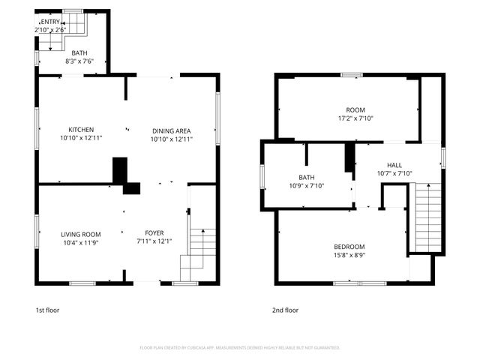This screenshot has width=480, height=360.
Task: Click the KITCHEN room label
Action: click(x=81, y=130)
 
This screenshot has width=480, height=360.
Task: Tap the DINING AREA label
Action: click(x=172, y=130)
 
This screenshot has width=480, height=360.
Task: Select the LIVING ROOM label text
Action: click(x=80, y=234)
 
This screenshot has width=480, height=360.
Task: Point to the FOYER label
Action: click(x=154, y=232)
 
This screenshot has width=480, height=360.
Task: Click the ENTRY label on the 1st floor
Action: click(x=50, y=22)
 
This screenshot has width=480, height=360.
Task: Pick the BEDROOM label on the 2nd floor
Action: click(x=349, y=247)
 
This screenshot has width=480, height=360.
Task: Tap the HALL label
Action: click(x=394, y=165)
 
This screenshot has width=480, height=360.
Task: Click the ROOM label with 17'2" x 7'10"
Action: click(x=355, y=109)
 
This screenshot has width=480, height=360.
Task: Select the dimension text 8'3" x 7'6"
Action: click(x=80, y=61)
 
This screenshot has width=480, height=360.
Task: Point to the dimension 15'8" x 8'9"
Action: click(x=349, y=256)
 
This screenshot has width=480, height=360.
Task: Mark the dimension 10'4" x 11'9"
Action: click(x=80, y=243)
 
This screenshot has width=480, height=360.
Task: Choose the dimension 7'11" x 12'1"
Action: click(x=154, y=241)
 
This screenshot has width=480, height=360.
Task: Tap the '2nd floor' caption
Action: click(x=285, y=310)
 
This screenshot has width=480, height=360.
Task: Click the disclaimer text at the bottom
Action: click(x=240, y=347)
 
